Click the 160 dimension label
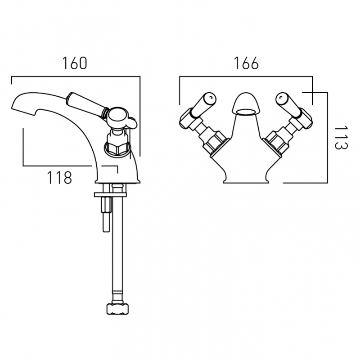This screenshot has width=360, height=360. (75, 63)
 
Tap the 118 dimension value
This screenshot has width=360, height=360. (59, 178)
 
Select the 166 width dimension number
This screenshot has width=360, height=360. (246, 63)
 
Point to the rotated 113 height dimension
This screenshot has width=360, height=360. (342, 138)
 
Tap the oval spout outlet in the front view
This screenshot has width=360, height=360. (246, 112)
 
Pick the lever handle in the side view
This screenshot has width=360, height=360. (85, 103)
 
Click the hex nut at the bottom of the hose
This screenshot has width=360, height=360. (117, 309)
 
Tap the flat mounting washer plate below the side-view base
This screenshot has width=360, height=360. (110, 195)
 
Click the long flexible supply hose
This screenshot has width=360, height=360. (117, 243)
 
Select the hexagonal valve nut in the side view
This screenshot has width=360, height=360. (117, 148)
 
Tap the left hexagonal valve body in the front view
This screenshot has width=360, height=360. (213, 140)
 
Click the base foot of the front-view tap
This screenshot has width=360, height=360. (246, 179)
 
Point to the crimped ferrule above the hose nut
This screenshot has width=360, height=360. (117, 297)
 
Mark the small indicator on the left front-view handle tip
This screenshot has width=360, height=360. (211, 98)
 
